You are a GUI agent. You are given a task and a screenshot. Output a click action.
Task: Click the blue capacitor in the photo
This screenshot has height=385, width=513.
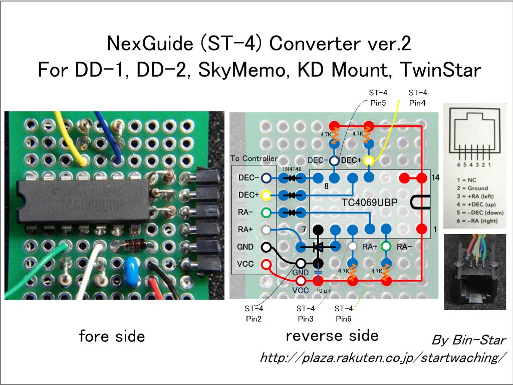point(132,265)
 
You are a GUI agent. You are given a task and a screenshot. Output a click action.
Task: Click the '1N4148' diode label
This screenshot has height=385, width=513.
point(292,169)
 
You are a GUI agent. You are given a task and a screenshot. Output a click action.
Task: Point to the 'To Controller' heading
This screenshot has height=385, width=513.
point(253,158)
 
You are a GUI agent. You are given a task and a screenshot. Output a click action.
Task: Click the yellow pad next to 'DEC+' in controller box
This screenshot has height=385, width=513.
point(267,195)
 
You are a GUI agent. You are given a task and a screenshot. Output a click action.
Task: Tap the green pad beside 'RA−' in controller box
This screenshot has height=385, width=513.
point(267,212)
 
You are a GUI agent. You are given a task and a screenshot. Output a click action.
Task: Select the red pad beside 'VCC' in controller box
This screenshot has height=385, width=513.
point(267,264)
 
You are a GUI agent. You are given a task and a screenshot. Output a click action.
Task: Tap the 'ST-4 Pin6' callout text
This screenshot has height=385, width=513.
point(344,313)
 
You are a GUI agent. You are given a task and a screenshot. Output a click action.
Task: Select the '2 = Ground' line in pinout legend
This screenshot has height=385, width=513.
point(470,188)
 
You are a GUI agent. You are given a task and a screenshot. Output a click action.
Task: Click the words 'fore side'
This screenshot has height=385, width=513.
point(112,336)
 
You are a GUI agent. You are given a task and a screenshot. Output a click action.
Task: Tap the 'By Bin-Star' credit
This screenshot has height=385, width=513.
point(468,340)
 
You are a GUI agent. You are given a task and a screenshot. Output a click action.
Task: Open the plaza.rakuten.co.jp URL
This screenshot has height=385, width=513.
point(381,358)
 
